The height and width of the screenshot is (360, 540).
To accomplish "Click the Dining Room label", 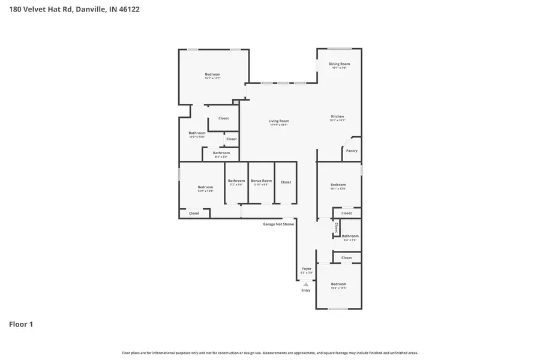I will [339, 64].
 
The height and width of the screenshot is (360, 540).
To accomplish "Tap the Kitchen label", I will [338, 116].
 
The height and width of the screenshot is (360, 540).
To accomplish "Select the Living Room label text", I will [278, 121].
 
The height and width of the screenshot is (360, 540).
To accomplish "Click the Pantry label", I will [352, 151].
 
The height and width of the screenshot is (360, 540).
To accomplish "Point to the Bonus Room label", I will [261, 181].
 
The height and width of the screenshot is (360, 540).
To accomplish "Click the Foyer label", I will [307, 269].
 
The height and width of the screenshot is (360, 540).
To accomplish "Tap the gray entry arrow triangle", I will [306, 284].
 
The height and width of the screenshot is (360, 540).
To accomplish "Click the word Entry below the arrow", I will [306, 291].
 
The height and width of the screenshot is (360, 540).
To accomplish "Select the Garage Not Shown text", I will [278, 224].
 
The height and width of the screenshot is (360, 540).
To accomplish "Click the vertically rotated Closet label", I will [337, 227].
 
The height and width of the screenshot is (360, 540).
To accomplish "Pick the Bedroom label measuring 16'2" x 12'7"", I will [213, 74].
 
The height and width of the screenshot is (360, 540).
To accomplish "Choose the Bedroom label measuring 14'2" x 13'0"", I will [205, 187].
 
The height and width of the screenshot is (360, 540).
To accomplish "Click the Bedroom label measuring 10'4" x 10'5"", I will [338, 284].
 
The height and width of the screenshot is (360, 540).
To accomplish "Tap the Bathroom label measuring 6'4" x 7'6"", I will [350, 236].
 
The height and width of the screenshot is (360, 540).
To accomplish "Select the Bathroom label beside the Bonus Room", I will [236, 181].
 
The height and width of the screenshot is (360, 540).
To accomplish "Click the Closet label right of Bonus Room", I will [286, 182].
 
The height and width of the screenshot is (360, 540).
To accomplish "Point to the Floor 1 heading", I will [21, 324].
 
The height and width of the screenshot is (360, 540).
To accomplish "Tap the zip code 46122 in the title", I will [129, 10].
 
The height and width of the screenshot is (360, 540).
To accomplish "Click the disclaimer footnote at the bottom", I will [270, 353].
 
